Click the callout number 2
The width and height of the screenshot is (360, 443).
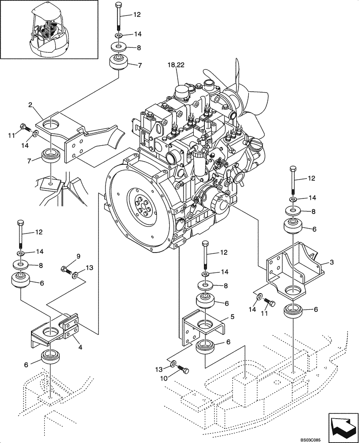(31, 105)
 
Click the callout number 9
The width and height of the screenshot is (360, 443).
(78, 256)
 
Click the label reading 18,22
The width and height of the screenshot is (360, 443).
(176, 65)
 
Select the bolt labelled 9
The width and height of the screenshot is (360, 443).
(66, 269)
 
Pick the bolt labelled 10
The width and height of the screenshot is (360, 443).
(183, 369)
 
